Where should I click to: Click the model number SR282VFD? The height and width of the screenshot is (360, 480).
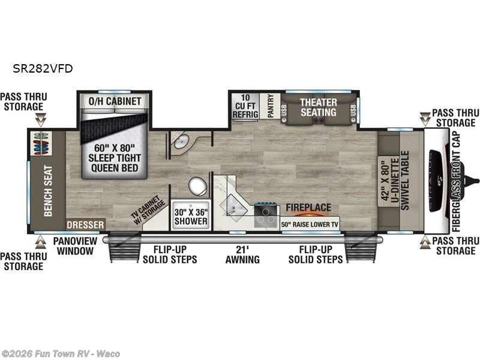[43, 68]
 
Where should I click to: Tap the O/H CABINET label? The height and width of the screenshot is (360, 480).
[115, 101]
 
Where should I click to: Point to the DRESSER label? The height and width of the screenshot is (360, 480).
[86, 224]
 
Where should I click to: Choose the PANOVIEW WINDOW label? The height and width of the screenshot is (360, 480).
[73, 246]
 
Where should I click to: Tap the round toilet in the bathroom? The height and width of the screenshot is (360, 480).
[197, 187]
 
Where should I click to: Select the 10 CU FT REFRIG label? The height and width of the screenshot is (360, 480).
[245, 106]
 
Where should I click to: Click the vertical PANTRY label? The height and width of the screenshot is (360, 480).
[271, 106]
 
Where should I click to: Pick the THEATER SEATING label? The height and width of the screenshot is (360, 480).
[318, 107]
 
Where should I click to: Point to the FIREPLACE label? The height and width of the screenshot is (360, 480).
[308, 208]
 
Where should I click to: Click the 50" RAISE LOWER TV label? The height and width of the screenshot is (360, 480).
[309, 224]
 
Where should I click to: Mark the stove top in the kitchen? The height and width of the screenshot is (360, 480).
[265, 215]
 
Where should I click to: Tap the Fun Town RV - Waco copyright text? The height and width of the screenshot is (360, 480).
[61, 353]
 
